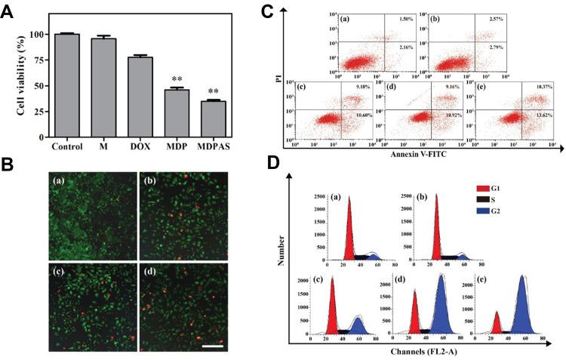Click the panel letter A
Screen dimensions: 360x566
coord(10,11)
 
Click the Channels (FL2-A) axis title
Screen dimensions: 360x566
coord(422,351)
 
